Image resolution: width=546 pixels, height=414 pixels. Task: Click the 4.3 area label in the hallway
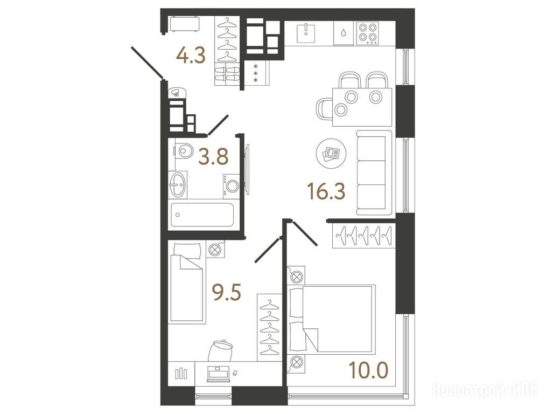191,56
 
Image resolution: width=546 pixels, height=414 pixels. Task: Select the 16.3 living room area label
326,191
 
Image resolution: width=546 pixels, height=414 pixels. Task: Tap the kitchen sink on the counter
306,33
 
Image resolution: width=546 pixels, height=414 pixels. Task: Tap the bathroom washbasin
178,185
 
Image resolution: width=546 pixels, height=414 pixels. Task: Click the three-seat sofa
374,173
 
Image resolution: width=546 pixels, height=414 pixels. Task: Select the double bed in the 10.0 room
331,318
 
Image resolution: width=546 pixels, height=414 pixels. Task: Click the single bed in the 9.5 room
186,283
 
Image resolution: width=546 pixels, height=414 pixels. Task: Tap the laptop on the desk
219,373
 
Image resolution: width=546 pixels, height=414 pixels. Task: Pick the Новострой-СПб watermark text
485,389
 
